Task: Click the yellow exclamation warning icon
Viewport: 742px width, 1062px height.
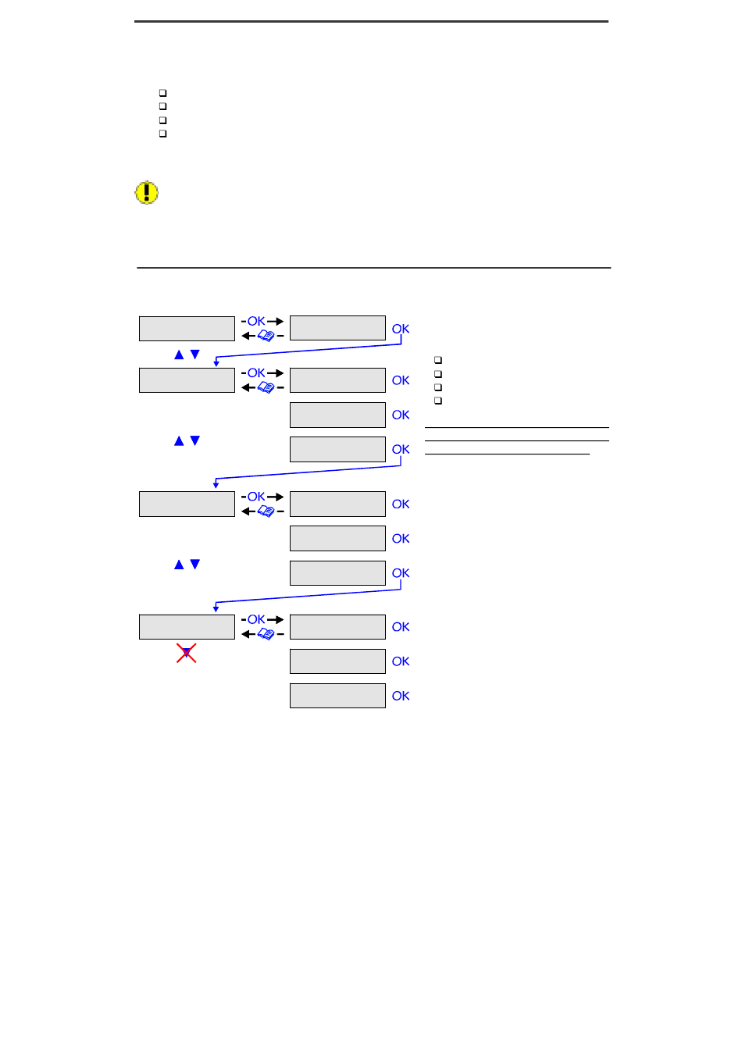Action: (147, 193)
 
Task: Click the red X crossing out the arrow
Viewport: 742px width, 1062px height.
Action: (186, 653)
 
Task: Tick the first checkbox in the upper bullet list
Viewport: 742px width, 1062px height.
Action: (162, 93)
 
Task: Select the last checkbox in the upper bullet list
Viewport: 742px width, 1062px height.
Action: (162, 134)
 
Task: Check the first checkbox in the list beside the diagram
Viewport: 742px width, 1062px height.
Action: (438, 360)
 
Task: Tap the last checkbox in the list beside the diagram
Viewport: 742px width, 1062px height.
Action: (438, 401)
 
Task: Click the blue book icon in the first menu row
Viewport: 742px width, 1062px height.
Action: (266, 336)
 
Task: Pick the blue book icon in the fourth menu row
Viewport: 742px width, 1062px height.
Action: (266, 634)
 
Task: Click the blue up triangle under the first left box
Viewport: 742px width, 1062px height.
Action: (179, 355)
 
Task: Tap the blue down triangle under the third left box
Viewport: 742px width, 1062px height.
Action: (195, 564)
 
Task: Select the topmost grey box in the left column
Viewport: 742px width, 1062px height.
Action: (187, 329)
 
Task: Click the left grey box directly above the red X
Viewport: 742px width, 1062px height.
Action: (187, 627)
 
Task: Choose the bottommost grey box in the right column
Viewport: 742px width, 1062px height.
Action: (337, 696)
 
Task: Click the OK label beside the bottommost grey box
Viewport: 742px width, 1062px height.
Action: (401, 696)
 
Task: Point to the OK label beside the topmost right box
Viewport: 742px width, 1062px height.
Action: (401, 329)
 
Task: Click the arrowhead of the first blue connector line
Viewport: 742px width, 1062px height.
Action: (216, 363)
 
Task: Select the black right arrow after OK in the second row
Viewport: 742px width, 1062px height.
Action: (276, 373)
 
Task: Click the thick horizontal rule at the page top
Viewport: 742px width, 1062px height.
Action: (371, 22)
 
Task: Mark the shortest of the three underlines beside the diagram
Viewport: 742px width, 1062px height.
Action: (507, 454)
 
